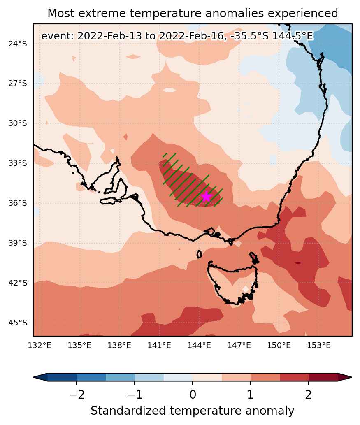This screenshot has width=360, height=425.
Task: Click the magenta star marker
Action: (206, 197)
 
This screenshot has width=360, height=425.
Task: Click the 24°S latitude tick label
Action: (18, 44)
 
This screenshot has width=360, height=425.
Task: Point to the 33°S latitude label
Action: (18, 163)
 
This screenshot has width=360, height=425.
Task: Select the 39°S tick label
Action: (18, 243)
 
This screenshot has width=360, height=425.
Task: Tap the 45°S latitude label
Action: (18, 323)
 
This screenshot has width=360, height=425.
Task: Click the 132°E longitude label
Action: (40, 345)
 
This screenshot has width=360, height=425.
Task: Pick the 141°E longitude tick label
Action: (159, 345)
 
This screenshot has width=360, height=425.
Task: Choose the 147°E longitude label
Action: (239, 345)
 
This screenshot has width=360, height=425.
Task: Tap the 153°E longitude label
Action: (319, 345)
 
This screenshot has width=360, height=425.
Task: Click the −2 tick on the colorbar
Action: (77, 395)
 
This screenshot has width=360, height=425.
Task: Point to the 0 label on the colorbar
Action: (193, 395)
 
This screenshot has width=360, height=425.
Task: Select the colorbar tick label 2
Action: (309, 395)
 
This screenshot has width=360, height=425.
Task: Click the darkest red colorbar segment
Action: (323, 377)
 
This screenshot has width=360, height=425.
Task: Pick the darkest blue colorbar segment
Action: (62, 377)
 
